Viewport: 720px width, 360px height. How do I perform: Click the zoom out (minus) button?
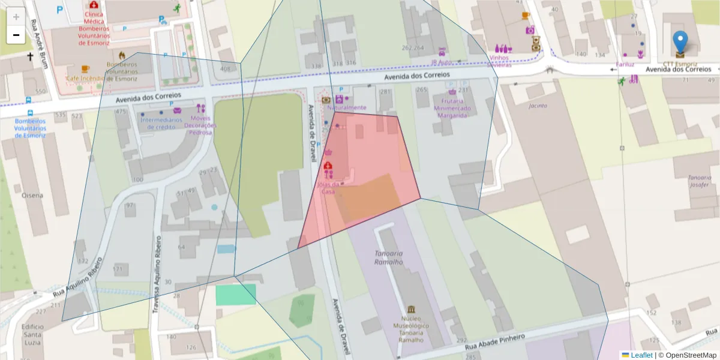pos(16,35)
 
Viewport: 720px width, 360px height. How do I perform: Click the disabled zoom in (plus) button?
pos(16,17)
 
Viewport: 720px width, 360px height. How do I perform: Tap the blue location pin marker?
pos(680,42)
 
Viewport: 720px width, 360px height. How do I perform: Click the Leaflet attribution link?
pos(641,355)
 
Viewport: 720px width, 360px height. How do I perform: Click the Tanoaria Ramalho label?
pos(388,257)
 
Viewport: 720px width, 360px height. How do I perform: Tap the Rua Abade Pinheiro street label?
pos(496,340)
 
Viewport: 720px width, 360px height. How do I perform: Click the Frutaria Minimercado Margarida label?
pos(452,109)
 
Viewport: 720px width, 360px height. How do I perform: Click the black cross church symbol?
pos(30,57)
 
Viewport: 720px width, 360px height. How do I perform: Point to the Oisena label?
pos(32,195)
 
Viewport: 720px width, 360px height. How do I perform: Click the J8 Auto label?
pos(441,62)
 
